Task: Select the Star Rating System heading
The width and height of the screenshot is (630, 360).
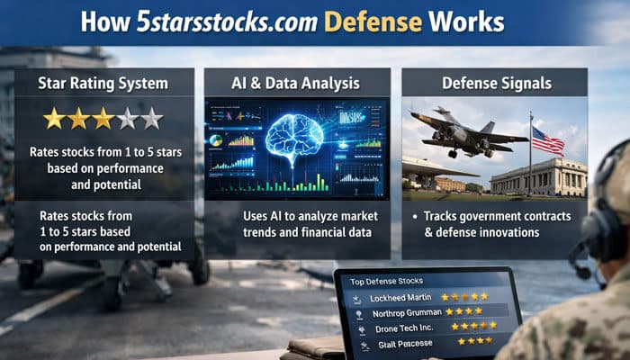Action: pyautogui.click(x=103, y=84)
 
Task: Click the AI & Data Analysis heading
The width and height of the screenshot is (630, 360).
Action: pyautogui.click(x=296, y=84)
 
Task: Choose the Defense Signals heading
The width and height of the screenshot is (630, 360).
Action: pyautogui.click(x=494, y=84)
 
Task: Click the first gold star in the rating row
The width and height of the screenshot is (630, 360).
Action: pyautogui.click(x=55, y=118)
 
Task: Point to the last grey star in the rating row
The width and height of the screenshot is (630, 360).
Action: pyautogui.click(x=151, y=118)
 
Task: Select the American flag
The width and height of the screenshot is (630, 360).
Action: pyautogui.click(x=547, y=141)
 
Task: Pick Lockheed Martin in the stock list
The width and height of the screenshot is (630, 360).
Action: pyautogui.click(x=401, y=297)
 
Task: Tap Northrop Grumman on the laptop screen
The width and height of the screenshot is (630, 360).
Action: pyautogui.click(x=404, y=313)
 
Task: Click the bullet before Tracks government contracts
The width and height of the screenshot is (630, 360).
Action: pyautogui.click(x=413, y=218)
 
